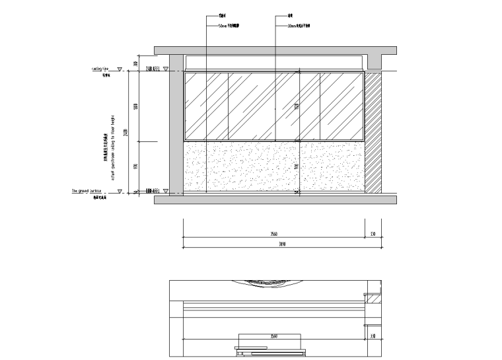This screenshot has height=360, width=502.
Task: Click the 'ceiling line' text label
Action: pyautogui.click(x=100, y=68)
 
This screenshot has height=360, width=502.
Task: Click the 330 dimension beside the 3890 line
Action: pyautogui.click(x=373, y=234)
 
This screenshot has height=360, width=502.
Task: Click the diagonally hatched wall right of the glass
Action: pyautogui.click(x=373, y=132)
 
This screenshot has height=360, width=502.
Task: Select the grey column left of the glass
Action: pyautogui.click(x=176, y=126)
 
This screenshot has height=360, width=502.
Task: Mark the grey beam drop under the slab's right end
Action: pyautogui.click(x=375, y=61)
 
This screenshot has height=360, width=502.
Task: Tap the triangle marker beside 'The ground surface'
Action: pyautogui.click(x=120, y=192)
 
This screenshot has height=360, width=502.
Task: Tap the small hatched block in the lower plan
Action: pyautogui.click(x=374, y=299)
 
